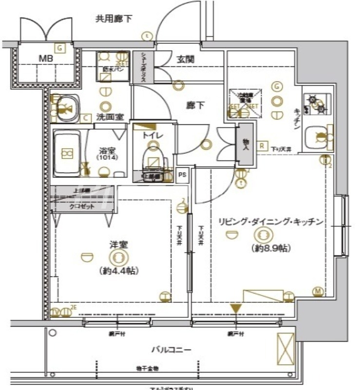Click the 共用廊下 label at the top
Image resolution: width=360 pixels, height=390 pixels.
(x=114, y=19)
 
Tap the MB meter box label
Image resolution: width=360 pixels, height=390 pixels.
(x=46, y=58)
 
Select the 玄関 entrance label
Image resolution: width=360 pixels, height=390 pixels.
(x=185, y=59)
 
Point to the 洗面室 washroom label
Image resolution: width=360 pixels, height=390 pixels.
(x=110, y=117)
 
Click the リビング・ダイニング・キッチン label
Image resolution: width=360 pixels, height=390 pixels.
(x=271, y=222)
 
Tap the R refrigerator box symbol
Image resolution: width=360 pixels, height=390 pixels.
(x=262, y=145)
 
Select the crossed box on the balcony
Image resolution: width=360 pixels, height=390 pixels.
(x=285, y=348)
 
